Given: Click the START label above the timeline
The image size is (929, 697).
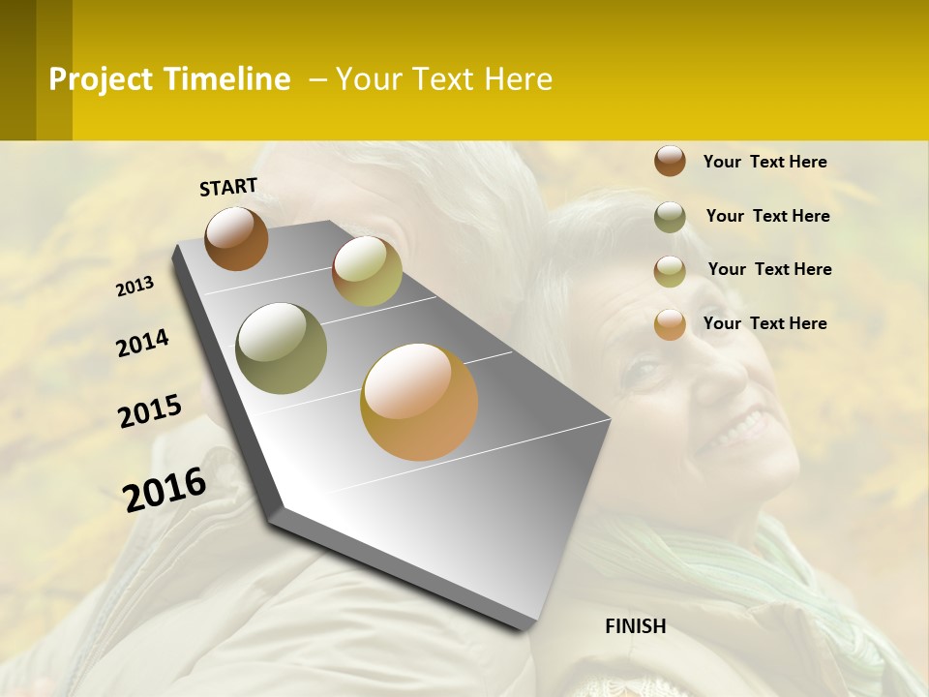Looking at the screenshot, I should tap(228, 187).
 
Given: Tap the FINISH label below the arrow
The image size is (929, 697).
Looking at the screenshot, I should tap(635, 626).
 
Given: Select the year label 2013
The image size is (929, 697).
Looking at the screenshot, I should tap(135, 287).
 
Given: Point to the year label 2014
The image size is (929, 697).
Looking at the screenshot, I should tap(143, 344).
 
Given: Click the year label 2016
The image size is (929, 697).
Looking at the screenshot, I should tap(165, 490).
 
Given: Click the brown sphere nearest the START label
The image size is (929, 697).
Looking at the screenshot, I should tap(236, 238).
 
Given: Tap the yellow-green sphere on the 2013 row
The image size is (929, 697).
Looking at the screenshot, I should tap(367, 271).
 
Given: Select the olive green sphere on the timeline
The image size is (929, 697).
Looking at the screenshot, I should tap(282, 348).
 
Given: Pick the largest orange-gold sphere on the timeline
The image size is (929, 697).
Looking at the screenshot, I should tap(419, 402).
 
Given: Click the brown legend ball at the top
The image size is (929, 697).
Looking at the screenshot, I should tap(670, 161).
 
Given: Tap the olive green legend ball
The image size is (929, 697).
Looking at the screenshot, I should tap(670, 217).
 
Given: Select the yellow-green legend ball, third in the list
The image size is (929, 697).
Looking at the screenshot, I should tap(670, 271).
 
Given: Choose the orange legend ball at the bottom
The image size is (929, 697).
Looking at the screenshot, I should tap(670, 324).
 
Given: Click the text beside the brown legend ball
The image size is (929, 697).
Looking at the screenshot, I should tap(764, 162).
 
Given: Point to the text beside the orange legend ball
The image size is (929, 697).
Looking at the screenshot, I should tap(764, 323).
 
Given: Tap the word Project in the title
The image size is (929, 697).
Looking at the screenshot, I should tap(101, 79).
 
